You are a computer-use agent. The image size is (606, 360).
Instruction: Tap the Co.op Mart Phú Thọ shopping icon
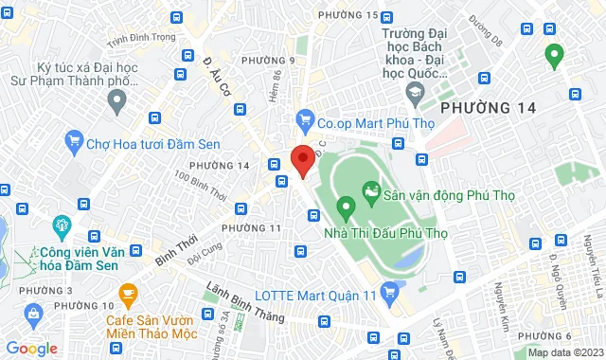click(303, 119)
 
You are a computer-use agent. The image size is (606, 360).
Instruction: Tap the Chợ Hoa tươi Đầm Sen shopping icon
click(74, 142)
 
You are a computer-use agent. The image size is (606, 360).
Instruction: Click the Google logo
click(30, 348)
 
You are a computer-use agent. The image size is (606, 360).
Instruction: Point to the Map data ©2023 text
click(564, 352)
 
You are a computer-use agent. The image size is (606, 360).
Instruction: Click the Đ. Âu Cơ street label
click(218, 77)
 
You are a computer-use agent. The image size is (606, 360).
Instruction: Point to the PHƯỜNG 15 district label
click(348, 14)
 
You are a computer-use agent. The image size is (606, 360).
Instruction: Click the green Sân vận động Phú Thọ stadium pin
click(346, 204)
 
